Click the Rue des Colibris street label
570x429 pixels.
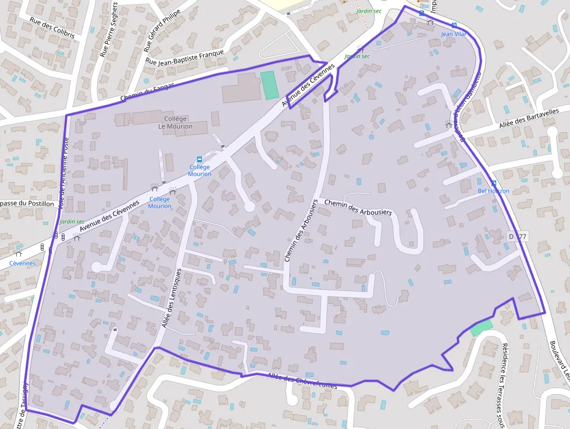[52, 27]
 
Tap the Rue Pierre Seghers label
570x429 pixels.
[109, 29]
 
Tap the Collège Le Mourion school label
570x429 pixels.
[175, 122]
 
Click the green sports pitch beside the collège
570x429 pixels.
[269, 85]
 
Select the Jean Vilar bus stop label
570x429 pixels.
[454, 34]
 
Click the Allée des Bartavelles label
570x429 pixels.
[529, 119]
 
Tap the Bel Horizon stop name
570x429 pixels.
[493, 191]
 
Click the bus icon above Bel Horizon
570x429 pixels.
[494, 183]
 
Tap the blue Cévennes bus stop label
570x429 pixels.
[22, 263]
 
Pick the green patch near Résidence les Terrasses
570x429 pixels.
[481, 327]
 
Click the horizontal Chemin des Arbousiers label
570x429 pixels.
[358, 207]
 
